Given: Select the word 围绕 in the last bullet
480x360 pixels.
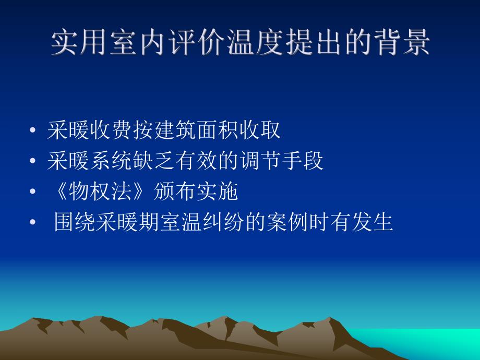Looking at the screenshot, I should coord(76,223).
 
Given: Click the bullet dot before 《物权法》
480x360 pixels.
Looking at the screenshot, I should coord(33,193).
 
